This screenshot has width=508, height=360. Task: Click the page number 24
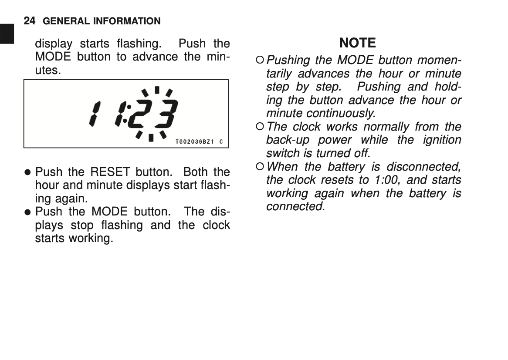pyautogui.click(x=29, y=20)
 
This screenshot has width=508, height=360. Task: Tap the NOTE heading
pyautogui.click(x=357, y=43)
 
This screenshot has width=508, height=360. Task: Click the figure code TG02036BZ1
pyautogui.click(x=195, y=142)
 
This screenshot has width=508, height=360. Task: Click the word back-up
pyautogui.click(x=287, y=140)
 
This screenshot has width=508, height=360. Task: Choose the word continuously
pyautogui.click(x=340, y=113)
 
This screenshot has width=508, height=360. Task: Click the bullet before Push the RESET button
pyautogui.click(x=27, y=172)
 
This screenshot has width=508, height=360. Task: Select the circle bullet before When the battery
pyautogui.click(x=260, y=167)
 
